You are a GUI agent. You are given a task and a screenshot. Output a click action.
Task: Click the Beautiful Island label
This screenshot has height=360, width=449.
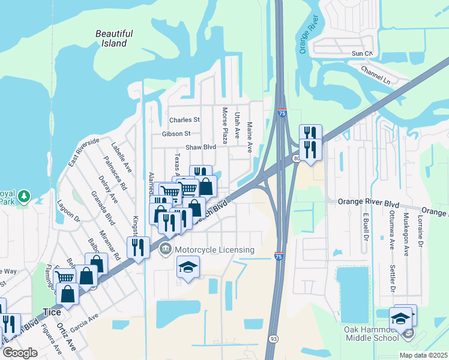coord(114,38)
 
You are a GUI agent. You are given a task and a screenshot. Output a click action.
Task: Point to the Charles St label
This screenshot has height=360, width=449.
coord(184,120)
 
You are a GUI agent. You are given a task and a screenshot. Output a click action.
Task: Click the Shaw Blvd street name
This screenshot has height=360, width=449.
coord(200,147)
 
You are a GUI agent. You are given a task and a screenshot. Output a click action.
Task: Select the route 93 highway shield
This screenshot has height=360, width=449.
coord(273,339)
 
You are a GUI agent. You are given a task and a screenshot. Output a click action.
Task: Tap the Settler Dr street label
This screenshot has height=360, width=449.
coord(392,278)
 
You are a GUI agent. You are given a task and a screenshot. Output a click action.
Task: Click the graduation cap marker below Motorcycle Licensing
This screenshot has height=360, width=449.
coord(188,266)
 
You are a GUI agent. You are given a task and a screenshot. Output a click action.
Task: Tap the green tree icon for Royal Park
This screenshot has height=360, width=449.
coord(23,196)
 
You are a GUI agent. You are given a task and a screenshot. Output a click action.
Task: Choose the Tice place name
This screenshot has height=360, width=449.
coord(52,312)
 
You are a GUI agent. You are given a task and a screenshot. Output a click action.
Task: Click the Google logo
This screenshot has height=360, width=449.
coord(20,353)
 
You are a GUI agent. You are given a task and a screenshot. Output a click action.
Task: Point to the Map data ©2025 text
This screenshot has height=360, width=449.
coord(423,355)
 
